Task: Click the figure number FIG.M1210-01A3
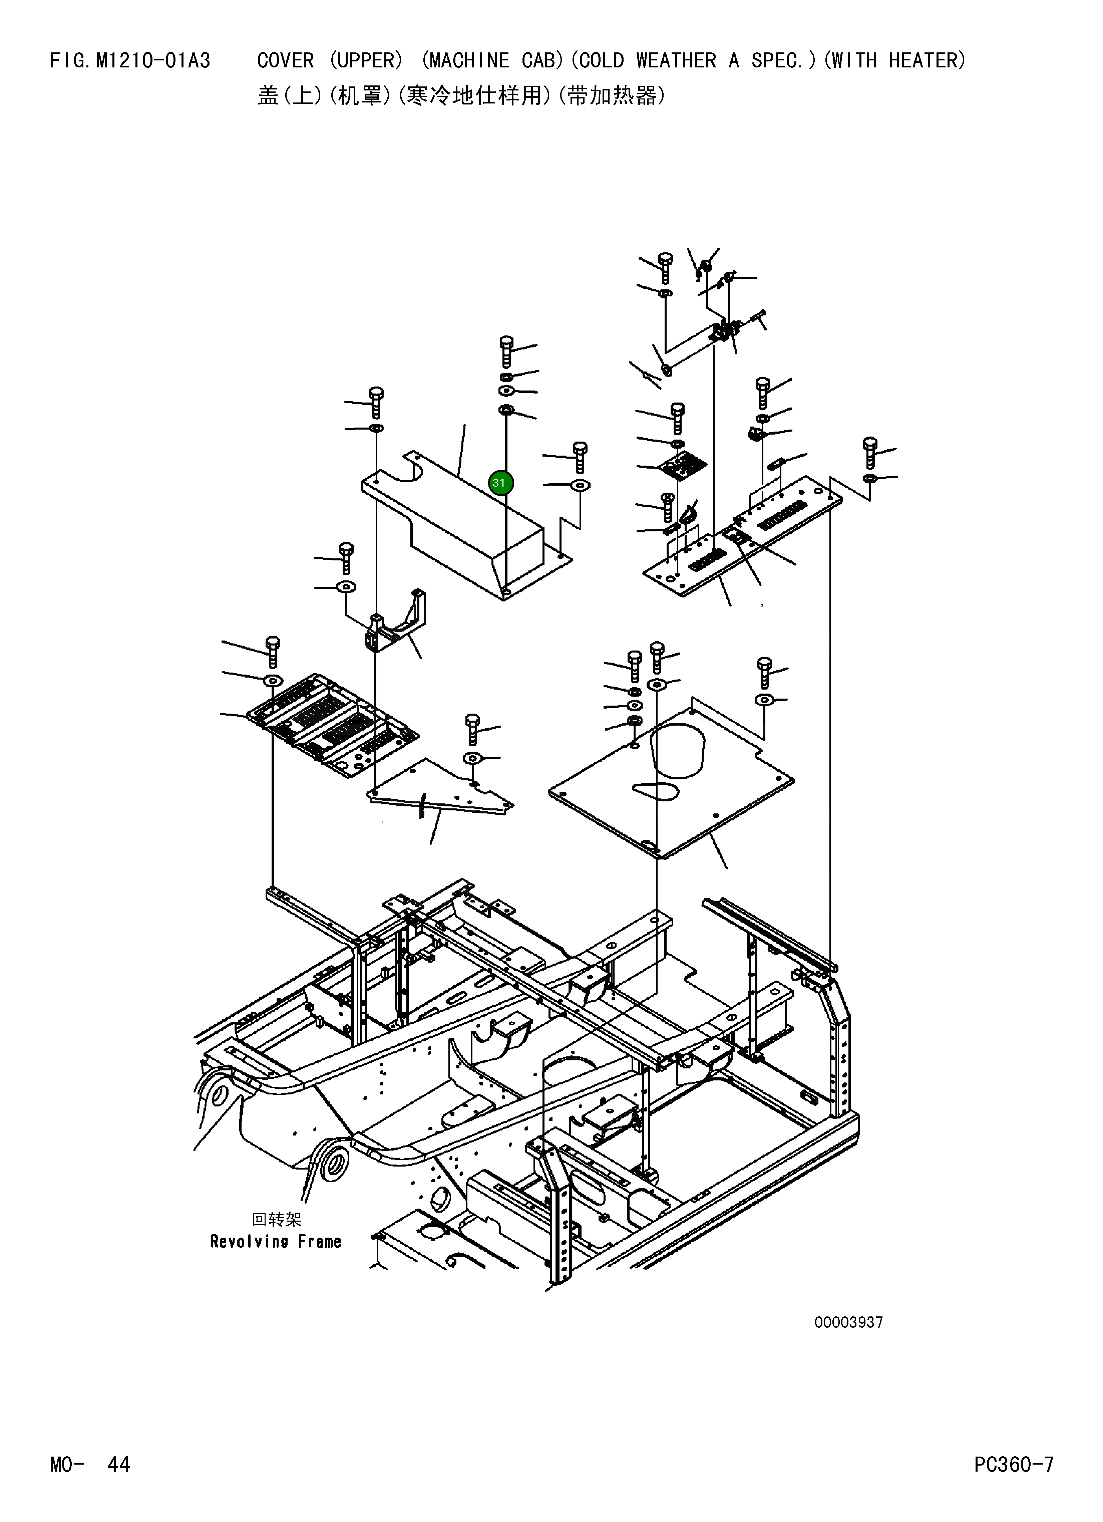(130, 61)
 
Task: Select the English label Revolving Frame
(276, 1242)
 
